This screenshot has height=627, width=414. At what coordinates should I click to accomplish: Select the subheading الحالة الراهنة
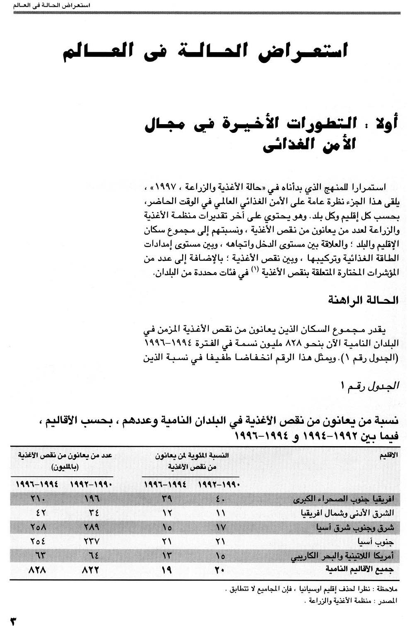[363, 300]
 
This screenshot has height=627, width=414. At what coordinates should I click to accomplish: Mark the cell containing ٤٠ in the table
[220, 499]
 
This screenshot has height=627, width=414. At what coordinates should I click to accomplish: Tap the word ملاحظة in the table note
[388, 588]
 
